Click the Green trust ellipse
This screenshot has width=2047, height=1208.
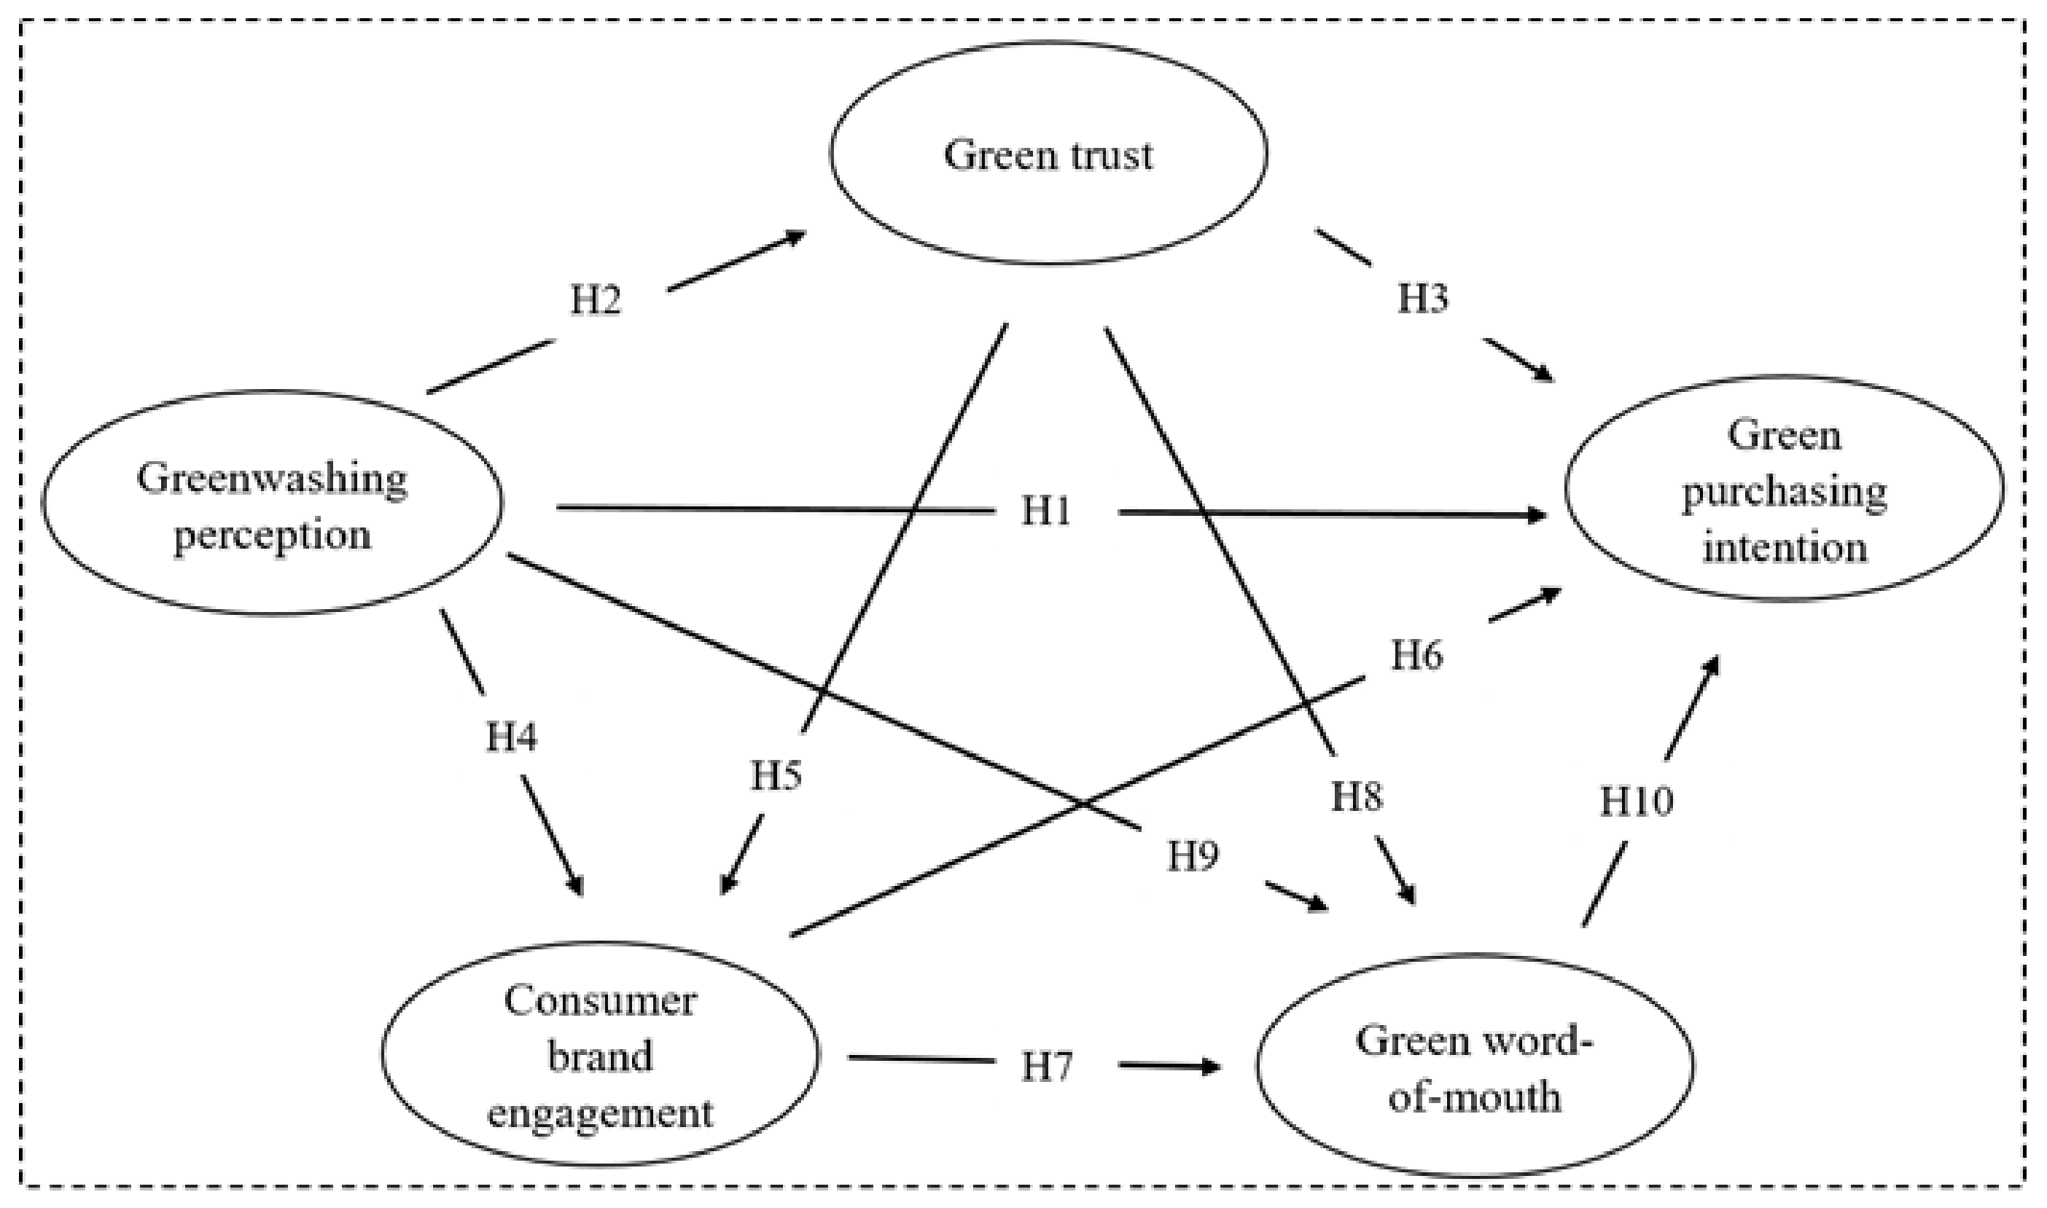[x=1049, y=153]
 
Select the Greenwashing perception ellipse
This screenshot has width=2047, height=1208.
[x=272, y=502]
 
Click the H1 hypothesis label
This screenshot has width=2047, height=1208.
[x=1047, y=512]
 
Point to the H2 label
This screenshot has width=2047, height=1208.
[x=595, y=300]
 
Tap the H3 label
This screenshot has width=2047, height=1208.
[x=1423, y=299]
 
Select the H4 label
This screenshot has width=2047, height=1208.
[x=511, y=737]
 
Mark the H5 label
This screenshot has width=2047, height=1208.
[x=776, y=776]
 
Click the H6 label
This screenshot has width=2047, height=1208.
[x=1416, y=655]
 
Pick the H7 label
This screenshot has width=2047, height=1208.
[x=1047, y=1067]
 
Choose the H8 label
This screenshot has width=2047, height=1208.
[x=1357, y=796]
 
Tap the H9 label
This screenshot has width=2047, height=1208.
[x=1193, y=856]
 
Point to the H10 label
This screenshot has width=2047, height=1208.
[x=1637, y=801]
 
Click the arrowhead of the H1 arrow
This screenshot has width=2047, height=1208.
[x=1537, y=515]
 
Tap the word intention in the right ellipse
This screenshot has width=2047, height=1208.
[x=1785, y=547]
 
